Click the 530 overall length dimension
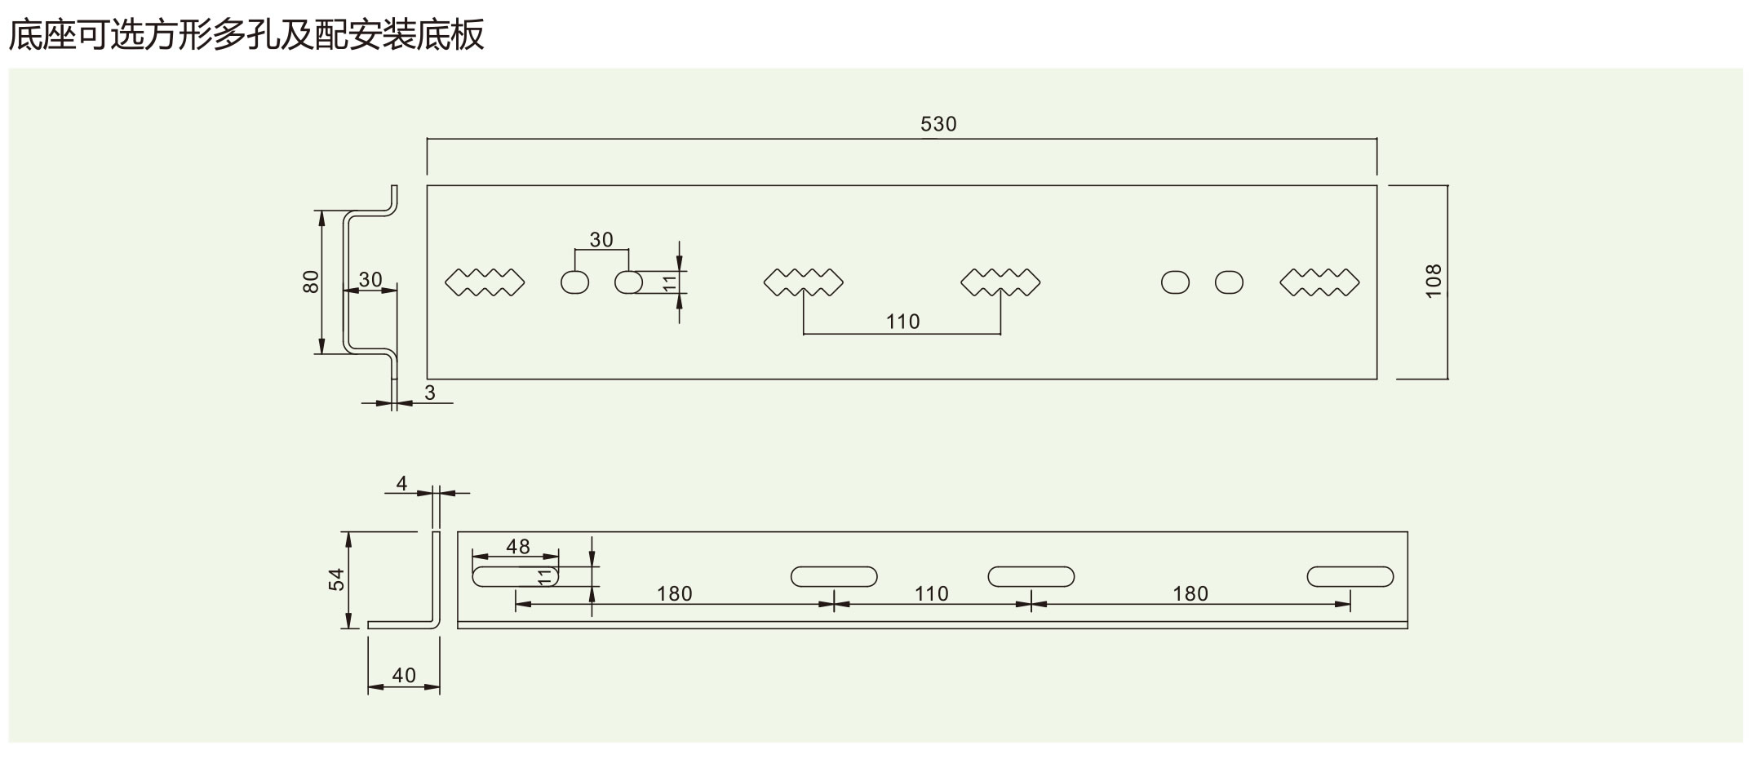tap(938, 124)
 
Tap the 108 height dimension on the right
tap(1434, 281)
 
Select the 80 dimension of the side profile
tap(311, 282)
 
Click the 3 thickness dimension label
tap(430, 393)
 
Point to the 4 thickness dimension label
tap(401, 483)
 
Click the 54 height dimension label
tap(337, 579)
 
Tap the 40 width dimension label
tap(404, 676)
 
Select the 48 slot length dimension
tap(517, 546)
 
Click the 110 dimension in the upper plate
tap(902, 322)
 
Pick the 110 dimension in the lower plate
tap(931, 593)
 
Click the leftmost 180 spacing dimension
tap(674, 593)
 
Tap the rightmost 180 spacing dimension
tap(1190, 593)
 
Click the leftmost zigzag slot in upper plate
tap(485, 282)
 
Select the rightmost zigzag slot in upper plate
tap(1319, 282)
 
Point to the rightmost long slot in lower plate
tap(1350, 576)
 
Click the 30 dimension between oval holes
tap(601, 240)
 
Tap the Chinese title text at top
tap(246, 34)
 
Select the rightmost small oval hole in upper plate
tap(1229, 282)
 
